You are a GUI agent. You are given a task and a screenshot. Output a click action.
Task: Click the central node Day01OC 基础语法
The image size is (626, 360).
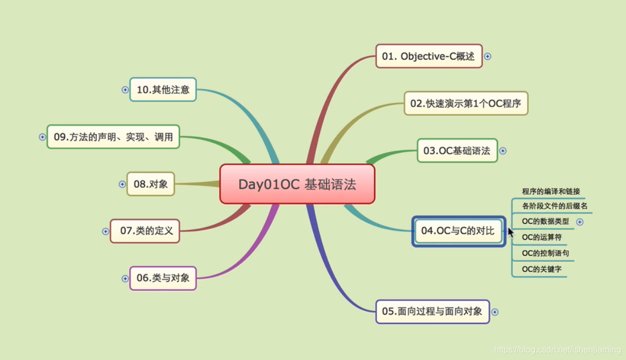pos(297,184)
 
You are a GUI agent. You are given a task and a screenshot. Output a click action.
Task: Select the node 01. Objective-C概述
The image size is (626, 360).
pos(429,56)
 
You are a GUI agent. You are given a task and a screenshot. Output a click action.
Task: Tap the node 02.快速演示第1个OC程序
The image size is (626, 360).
pos(466,103)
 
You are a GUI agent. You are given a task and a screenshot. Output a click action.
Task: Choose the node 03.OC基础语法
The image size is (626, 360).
pos(457,151)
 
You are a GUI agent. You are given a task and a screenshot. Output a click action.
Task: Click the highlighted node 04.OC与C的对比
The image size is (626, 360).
pos(458,231)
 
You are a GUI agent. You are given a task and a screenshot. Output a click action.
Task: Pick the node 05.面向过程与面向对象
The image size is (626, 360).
pos(432,312)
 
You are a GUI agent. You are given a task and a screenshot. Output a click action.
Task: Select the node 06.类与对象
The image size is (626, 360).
pos(163,278)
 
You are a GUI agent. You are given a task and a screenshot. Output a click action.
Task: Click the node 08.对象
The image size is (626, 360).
pos(151,184)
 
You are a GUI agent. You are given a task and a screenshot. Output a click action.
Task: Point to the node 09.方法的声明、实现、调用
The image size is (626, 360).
pos(113,137)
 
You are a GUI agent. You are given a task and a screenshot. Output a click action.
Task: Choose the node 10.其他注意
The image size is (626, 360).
pos(163,89)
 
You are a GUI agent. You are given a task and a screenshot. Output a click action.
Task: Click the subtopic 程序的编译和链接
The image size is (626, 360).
pos(551,191)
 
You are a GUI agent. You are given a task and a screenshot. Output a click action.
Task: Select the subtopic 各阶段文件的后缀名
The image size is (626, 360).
pos(554,206)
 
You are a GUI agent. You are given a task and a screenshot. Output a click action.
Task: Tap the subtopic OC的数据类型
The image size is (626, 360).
pos(545,221)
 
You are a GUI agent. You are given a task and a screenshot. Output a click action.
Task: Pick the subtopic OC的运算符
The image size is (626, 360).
pos(542,237)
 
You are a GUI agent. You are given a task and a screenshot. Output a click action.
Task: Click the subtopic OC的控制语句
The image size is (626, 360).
pos(545,253)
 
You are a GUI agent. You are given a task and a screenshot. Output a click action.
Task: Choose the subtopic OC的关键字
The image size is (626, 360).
pos(542,269)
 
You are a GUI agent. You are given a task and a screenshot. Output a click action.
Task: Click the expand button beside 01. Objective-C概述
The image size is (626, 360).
pos(488,56)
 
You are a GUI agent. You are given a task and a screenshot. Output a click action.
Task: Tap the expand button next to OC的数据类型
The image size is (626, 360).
pos(580,222)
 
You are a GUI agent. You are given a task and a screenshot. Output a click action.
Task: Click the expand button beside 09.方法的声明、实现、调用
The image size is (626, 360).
pos(42,137)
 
